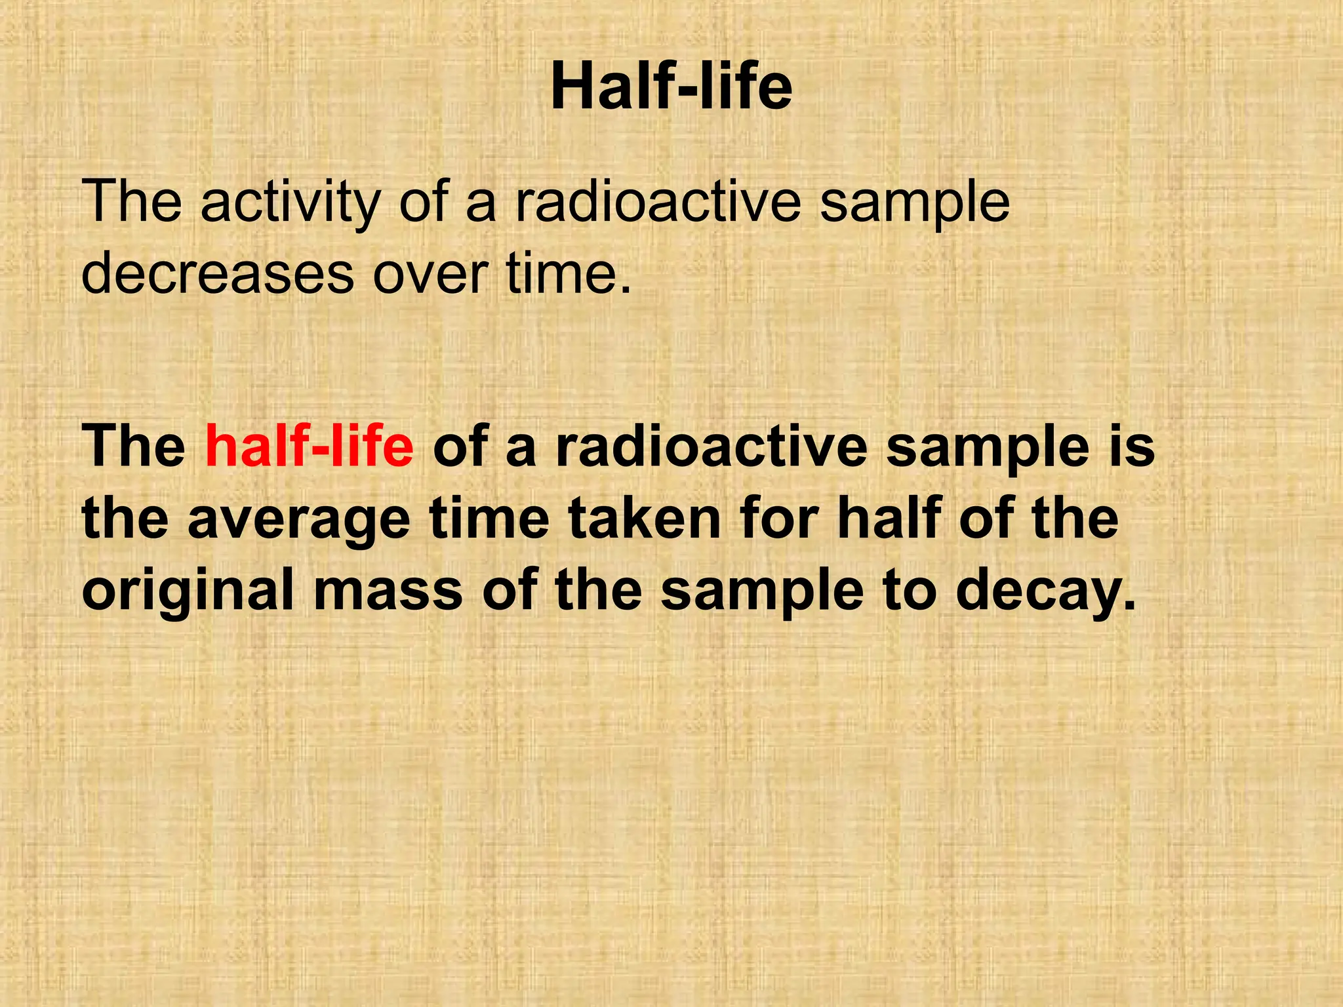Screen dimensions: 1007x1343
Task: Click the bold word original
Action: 188,590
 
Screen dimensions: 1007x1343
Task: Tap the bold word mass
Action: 388,590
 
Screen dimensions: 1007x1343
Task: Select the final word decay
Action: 1045,590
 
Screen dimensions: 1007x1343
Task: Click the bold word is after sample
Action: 1131,446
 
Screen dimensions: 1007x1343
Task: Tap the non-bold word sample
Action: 915,203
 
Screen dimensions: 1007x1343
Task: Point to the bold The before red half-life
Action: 134,446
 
